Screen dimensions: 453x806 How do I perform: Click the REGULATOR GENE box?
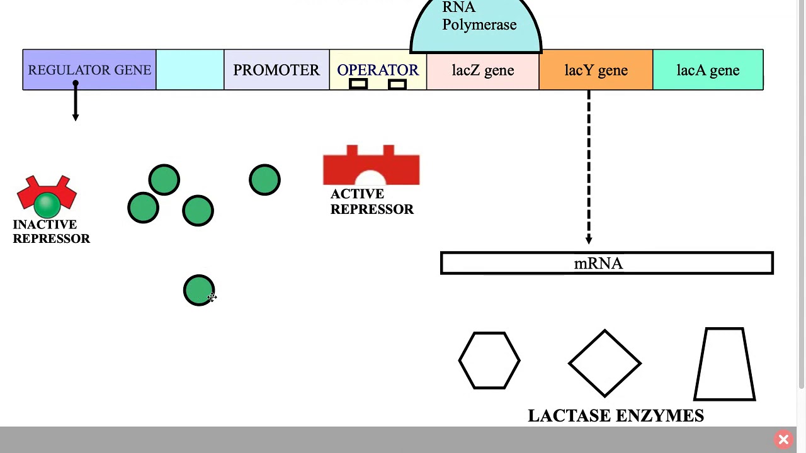[89, 70]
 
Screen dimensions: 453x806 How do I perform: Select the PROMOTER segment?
[276, 70]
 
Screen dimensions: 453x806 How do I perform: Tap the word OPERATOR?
[378, 70]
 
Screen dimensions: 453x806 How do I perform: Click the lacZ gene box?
[483, 70]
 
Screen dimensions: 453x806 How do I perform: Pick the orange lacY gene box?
[596, 70]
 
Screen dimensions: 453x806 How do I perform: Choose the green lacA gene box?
[708, 70]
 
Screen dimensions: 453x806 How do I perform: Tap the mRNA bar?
[606, 264]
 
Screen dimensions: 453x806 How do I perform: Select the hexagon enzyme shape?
[489, 361]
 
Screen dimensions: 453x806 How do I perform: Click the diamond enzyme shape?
[604, 363]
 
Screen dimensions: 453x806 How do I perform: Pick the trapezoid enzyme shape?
[724, 364]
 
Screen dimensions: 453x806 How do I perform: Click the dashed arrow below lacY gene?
[589, 167]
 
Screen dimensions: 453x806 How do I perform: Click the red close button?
[783, 439]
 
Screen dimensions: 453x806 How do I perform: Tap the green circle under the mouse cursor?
[198, 290]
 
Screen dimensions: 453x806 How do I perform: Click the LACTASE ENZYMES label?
[615, 416]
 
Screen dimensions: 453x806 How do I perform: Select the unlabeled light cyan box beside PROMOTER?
[190, 70]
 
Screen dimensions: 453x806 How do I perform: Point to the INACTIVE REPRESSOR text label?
[51, 232]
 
